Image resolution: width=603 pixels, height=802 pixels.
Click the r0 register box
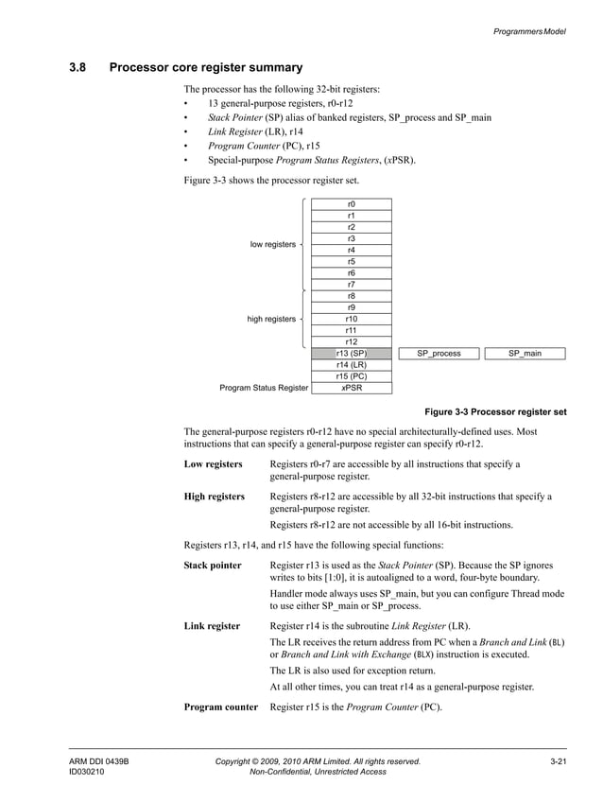click(351, 204)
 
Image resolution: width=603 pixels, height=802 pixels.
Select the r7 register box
click(351, 285)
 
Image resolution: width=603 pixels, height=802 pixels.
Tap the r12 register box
click(351, 342)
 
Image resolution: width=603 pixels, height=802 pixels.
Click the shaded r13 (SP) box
click(351, 354)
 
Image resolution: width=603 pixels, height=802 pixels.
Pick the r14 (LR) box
click(351, 365)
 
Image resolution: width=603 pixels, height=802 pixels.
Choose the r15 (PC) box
click(351, 376)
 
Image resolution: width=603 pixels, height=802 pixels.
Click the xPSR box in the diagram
click(351, 388)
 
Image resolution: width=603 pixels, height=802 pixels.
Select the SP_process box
click(439, 354)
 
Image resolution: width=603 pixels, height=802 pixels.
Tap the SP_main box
click(525, 354)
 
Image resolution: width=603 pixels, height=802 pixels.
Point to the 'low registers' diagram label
click(272, 245)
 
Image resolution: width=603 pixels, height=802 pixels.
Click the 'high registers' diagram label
click(271, 320)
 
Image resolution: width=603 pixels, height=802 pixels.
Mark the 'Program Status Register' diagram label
click(264, 388)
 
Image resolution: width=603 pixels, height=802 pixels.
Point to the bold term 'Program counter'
click(220, 707)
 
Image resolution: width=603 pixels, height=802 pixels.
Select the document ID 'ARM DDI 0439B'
click(98, 760)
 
